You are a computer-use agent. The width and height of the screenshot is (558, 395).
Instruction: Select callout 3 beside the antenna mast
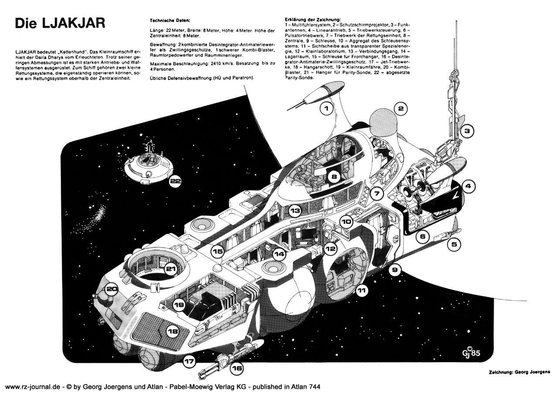coord(466,130)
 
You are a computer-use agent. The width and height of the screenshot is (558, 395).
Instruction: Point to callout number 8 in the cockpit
coord(333,178)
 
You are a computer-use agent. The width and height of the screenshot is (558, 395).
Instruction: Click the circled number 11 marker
coord(361,289)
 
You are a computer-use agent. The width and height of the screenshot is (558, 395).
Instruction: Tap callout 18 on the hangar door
coord(173,332)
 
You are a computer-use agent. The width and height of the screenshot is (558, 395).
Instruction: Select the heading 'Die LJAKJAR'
coord(60,23)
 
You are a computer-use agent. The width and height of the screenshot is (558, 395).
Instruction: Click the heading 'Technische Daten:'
coord(170,21)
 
